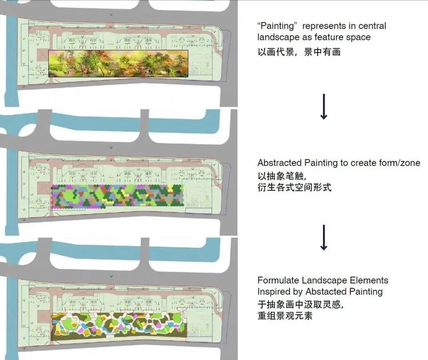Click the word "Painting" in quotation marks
(277, 27)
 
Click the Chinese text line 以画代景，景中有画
(299, 52)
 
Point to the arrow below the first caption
(324, 107)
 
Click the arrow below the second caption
(324, 237)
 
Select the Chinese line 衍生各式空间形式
(294, 187)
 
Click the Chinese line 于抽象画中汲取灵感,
(300, 304)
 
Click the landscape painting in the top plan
(118, 63)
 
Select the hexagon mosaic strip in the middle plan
(117, 195)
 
